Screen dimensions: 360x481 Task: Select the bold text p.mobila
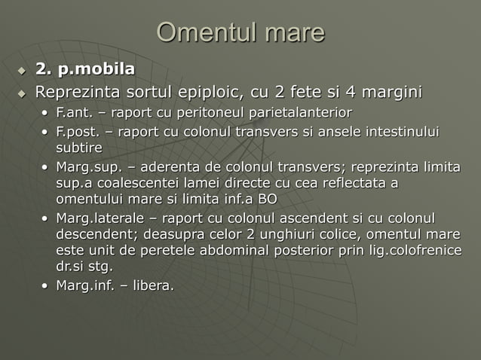(x=97, y=69)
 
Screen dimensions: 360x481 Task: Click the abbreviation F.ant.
(x=74, y=113)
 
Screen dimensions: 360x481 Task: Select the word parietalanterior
(x=300, y=113)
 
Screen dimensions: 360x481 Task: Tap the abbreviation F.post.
(x=78, y=133)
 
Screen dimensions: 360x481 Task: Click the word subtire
(x=79, y=148)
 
